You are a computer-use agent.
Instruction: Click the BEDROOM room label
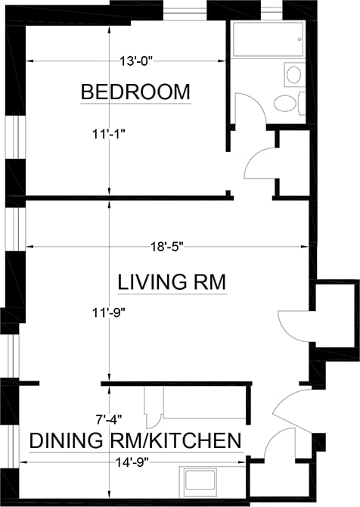pos(135,92)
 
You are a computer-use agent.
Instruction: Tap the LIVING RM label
pos(172,281)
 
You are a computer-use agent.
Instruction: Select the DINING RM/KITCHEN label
pos(135,440)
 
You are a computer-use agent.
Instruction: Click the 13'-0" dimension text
pos(135,61)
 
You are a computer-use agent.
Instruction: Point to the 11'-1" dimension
pos(108,134)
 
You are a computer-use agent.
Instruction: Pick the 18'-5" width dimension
pos(166,247)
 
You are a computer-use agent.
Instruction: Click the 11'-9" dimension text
pos(108,313)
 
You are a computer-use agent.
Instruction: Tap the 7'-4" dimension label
pos(109,419)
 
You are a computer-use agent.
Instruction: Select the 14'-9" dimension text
pos(132,462)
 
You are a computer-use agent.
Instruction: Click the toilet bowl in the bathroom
pos(285,104)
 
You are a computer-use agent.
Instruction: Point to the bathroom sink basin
pos(293,75)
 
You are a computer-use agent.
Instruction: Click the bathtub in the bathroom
pos(268,39)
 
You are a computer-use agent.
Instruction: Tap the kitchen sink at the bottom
pos(200,480)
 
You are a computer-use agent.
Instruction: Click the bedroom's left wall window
pos(15,137)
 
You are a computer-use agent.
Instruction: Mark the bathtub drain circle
pos(299,39)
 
